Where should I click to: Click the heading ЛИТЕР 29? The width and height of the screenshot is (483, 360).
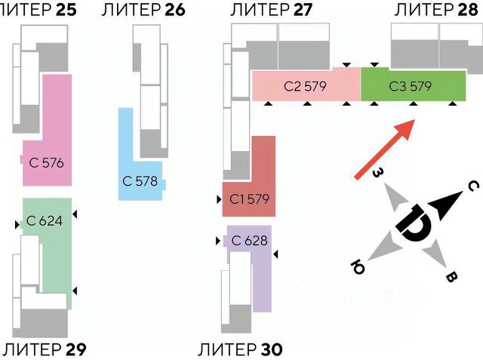coord(43,349)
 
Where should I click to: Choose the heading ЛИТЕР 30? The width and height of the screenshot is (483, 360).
coord(240,349)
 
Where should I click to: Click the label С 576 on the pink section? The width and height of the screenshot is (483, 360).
coord(46,162)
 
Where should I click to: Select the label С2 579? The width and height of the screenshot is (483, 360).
coord(305,86)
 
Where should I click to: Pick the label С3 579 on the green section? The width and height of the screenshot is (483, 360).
coord(411,86)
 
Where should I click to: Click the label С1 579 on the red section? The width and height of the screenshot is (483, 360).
coord(249,200)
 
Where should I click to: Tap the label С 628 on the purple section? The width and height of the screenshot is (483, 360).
coord(250,242)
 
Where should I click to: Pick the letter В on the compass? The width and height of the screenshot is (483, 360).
coord(451,278)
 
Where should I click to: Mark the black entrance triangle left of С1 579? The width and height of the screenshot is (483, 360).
coord(218,200)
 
